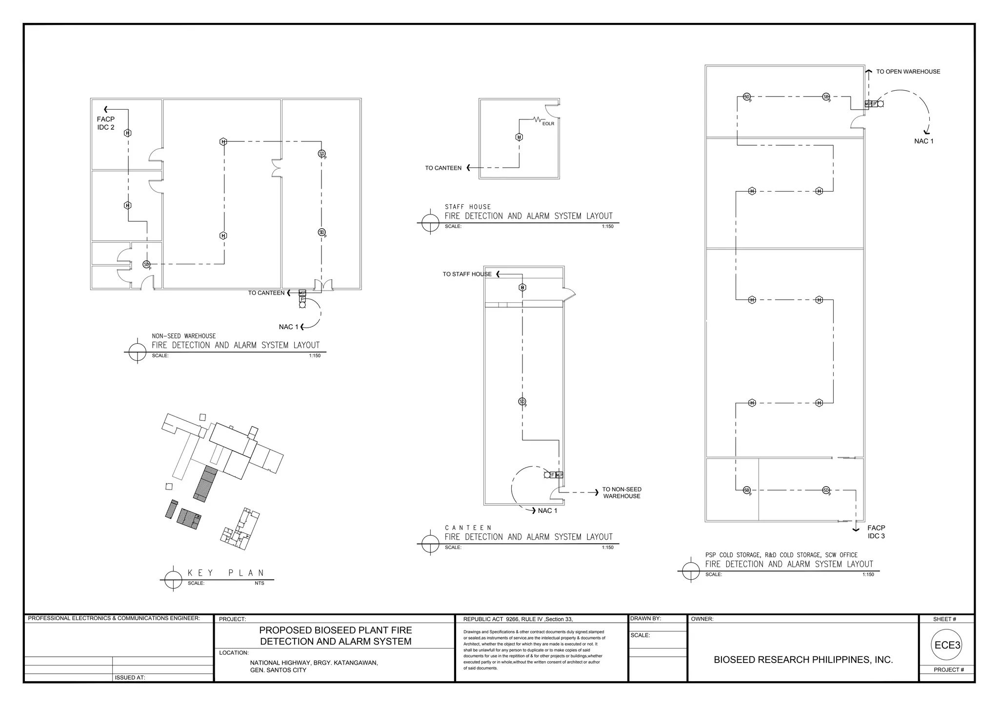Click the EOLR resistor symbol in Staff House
pyautogui.click(x=538, y=119)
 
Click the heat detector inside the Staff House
pyautogui.click(x=519, y=137)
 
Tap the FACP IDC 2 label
pyautogui.click(x=106, y=123)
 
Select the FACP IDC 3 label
pyautogui.click(x=876, y=532)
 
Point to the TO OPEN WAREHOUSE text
pyautogui.click(x=908, y=72)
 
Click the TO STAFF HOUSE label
pyautogui.click(x=467, y=274)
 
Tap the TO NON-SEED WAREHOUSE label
pyautogui.click(x=621, y=493)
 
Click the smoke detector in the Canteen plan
pyautogui.click(x=522, y=402)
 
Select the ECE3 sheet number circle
pyautogui.click(x=947, y=645)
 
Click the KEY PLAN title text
pyautogui.click(x=226, y=573)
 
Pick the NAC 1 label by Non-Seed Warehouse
pyautogui.click(x=288, y=327)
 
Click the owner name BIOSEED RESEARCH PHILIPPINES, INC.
pyautogui.click(x=803, y=660)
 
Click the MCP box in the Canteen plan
pyautogui.click(x=559, y=475)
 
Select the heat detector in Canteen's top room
pyautogui.click(x=522, y=288)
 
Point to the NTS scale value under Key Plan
pyautogui.click(x=259, y=583)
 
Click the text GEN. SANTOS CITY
pyautogui.click(x=278, y=670)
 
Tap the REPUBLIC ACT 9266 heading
pyautogui.click(x=518, y=619)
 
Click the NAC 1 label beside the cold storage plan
pyautogui.click(x=923, y=141)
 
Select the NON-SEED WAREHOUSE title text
pyautogui.click(x=183, y=336)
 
